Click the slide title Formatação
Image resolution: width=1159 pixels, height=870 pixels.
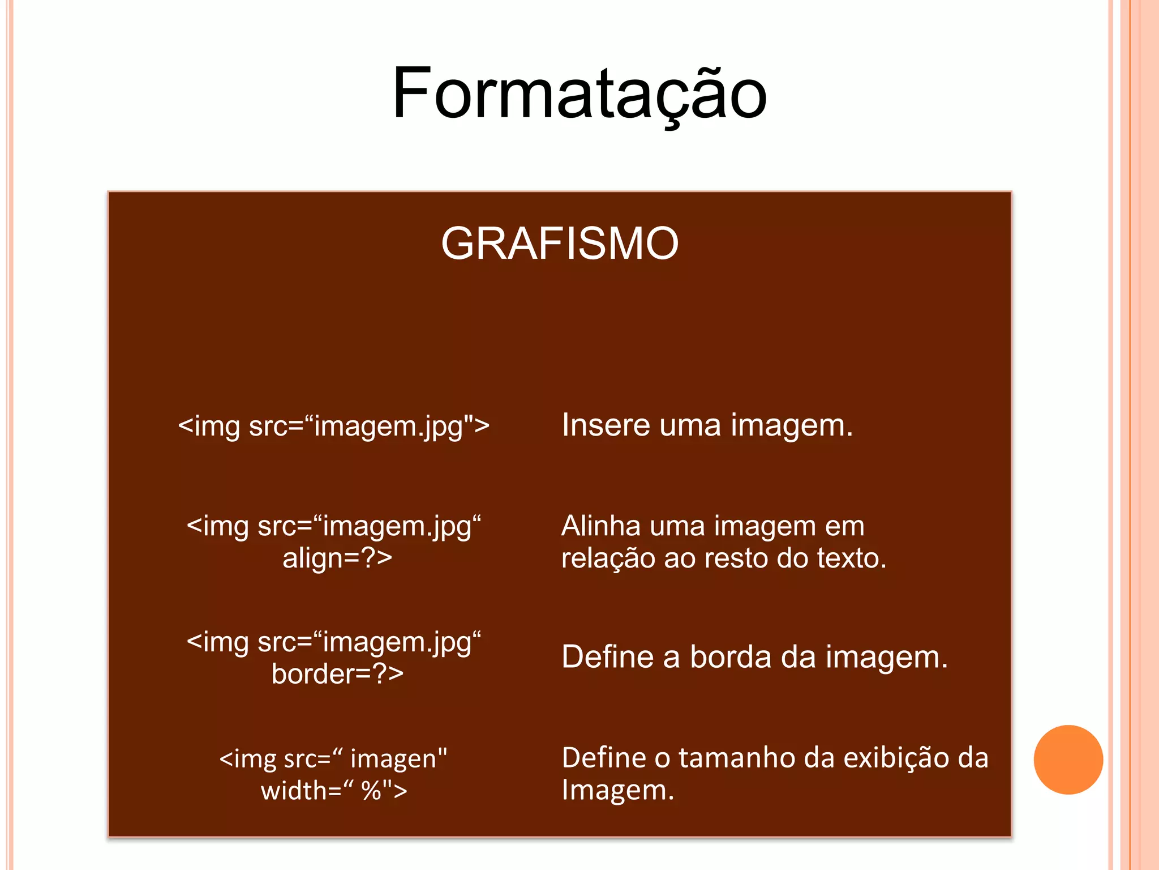[x=579, y=93]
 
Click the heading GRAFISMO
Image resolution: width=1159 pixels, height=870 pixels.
[x=560, y=244]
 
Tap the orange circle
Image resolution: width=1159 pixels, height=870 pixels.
[x=1068, y=760]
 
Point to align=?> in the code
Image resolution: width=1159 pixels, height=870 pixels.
[x=337, y=558]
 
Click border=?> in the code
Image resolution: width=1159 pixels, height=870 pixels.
[x=337, y=674]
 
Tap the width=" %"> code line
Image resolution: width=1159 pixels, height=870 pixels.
[x=334, y=791]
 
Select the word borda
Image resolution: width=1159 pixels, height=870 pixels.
[x=730, y=657]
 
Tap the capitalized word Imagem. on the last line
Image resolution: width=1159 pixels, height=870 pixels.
[x=617, y=791]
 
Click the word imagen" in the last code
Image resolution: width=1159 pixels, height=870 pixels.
[x=398, y=759]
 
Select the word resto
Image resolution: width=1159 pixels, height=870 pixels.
[x=736, y=558]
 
